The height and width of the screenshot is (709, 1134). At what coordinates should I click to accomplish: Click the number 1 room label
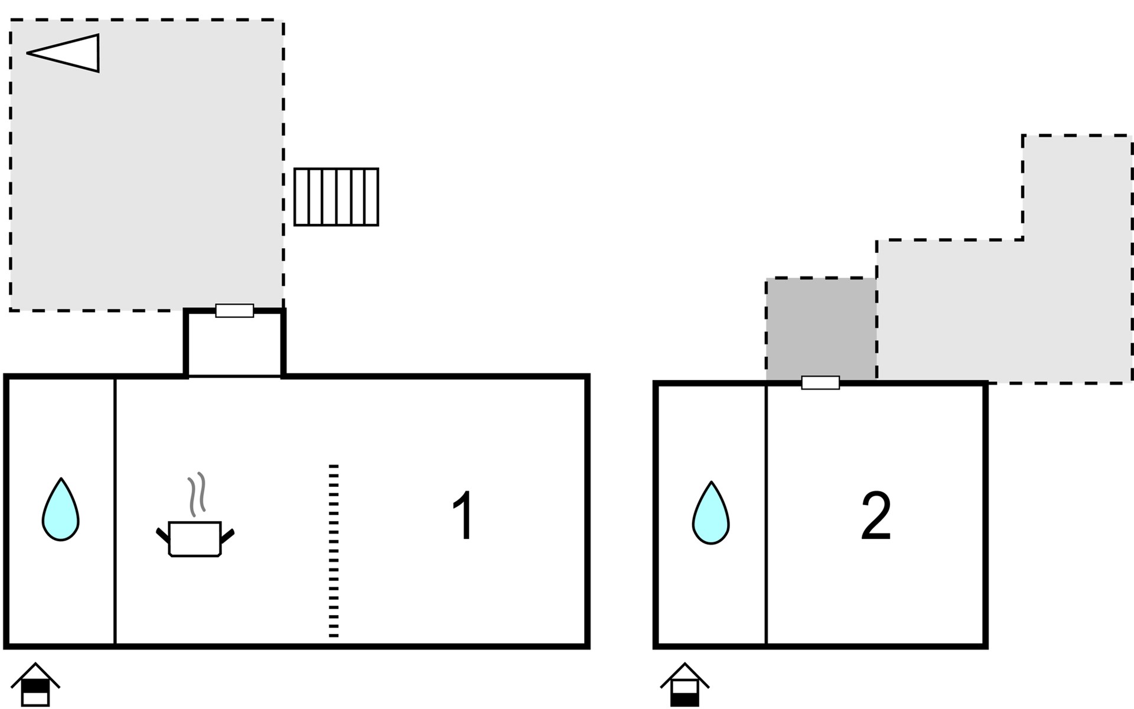point(462,515)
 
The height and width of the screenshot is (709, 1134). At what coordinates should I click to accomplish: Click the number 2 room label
point(875,516)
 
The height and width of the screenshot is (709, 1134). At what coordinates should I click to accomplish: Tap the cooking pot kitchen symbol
point(195,538)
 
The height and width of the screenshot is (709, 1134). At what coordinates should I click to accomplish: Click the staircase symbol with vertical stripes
point(336,197)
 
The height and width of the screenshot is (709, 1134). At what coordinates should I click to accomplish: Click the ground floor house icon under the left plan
point(35,684)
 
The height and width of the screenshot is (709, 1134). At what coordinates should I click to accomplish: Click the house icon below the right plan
point(685,684)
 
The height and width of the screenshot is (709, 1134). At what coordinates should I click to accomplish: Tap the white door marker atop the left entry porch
point(234,311)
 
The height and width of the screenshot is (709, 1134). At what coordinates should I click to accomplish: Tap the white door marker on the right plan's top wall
point(820,383)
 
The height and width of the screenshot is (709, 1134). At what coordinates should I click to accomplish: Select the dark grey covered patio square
point(821,329)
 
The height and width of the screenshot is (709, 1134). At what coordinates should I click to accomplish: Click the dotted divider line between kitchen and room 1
point(334,551)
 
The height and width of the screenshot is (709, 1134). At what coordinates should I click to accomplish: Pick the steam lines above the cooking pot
point(197,494)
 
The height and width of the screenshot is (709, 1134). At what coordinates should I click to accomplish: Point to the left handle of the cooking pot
point(163,536)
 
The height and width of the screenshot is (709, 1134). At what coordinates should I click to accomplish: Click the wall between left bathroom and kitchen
point(115,512)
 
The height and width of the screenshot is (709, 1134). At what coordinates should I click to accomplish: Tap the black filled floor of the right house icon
point(685,700)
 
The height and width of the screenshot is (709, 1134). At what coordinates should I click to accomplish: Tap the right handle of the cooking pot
point(227,536)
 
